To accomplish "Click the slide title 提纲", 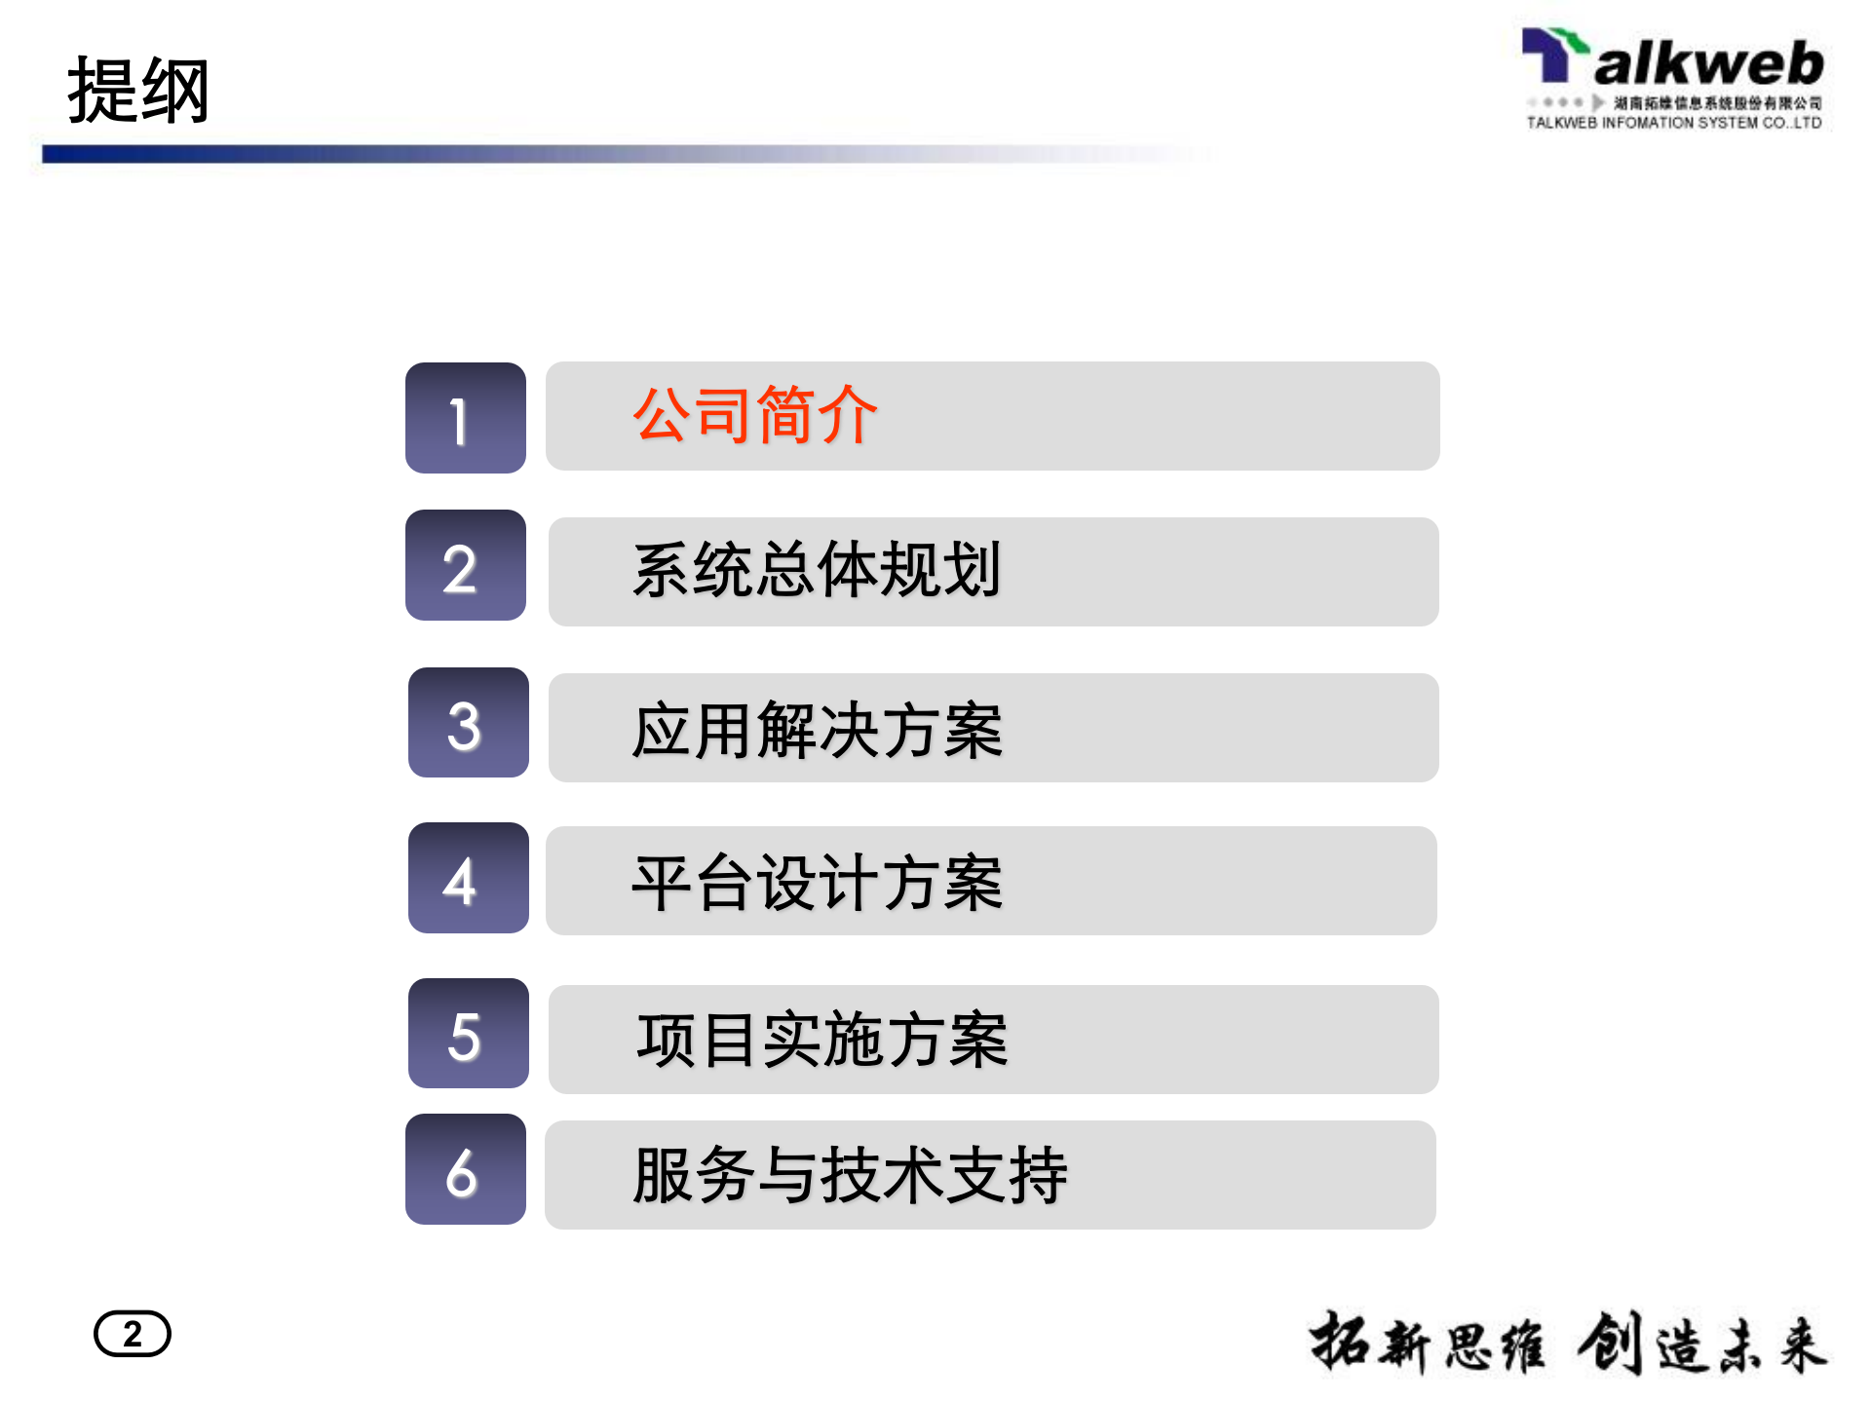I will tap(138, 91).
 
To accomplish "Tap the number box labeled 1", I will tap(466, 418).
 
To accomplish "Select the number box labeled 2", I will tap(466, 566).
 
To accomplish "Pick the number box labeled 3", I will tap(468, 723).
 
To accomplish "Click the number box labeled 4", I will tap(468, 878).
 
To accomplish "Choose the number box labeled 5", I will tap(468, 1034).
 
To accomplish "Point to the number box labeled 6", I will tap(466, 1169).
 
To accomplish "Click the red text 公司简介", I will tap(755, 415).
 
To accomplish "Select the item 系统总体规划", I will tap(817, 571).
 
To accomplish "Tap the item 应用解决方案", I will tap(817, 730).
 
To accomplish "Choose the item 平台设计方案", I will tap(817, 883).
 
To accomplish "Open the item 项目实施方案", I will tap(821, 1041).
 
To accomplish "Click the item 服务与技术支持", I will tap(850, 1175).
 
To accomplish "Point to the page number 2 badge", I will tap(133, 1334).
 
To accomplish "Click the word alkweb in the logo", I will tap(1708, 64).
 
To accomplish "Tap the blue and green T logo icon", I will tap(1553, 54).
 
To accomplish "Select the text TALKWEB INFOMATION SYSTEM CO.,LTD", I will tap(1673, 123).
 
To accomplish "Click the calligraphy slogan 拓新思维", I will tap(1427, 1344).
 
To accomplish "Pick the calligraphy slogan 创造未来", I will tap(1701, 1344).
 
